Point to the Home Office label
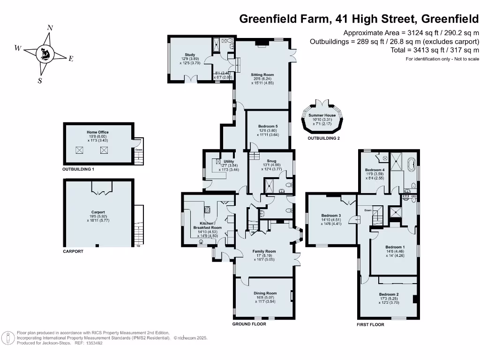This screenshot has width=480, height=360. tap(97, 132)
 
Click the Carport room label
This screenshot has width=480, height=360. tap(98, 212)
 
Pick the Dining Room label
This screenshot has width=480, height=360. tap(266, 293)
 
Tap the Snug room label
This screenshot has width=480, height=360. tap(271, 161)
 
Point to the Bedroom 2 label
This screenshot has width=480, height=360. tap(389, 294)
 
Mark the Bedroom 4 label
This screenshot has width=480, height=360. tap(375, 170)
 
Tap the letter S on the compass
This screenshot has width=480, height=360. tap(40, 80)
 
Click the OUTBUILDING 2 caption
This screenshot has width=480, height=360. tap(323, 139)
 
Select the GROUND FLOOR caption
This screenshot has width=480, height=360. tap(249, 324)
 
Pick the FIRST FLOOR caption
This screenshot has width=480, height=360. tap(370, 324)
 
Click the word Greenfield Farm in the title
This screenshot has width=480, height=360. tap(280, 19)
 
